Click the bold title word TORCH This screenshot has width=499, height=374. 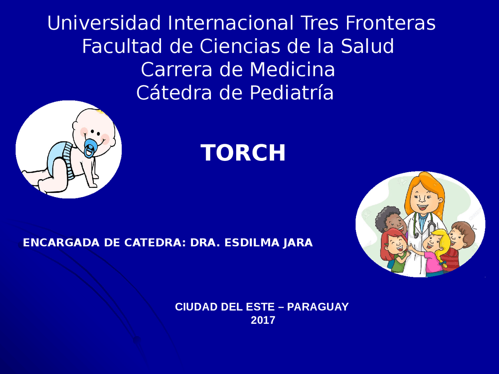coord(243,153)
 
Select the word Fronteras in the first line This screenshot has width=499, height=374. coord(390,23)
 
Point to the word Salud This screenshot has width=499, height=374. coord(367,46)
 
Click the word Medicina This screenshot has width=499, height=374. coord(292,70)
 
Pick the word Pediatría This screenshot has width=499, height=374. coord(291,93)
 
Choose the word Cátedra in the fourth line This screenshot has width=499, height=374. coord(174,93)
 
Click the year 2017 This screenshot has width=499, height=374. coord(263,320)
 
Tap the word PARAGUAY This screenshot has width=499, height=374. coord(318,307)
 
